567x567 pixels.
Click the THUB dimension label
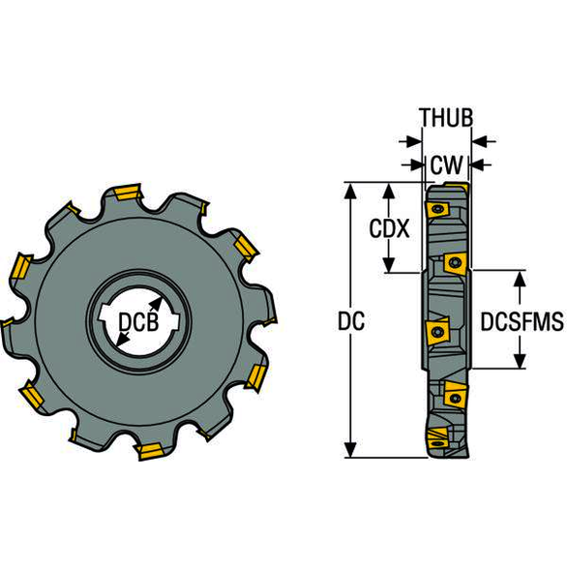[x=447, y=117]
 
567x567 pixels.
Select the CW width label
[x=447, y=165]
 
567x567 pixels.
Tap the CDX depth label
[x=389, y=228]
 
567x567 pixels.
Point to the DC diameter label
[x=351, y=321]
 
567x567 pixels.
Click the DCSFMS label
[x=522, y=321]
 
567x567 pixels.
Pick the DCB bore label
[x=139, y=322]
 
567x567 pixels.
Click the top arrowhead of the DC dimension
[x=350, y=191]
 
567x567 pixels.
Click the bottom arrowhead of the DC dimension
[x=350, y=450]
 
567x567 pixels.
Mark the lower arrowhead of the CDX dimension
[x=389, y=265]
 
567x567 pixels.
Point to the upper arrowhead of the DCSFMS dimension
[x=520, y=279]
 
